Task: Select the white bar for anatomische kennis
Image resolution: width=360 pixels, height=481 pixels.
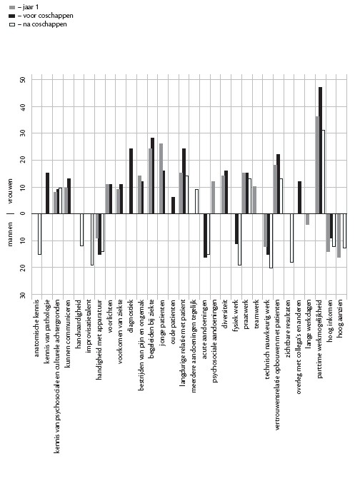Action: click(x=39, y=234)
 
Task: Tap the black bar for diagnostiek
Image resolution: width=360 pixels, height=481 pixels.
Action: click(x=131, y=181)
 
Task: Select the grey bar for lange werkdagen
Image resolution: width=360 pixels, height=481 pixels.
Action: click(x=307, y=219)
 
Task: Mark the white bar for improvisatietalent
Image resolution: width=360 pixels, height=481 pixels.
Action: click(x=92, y=239)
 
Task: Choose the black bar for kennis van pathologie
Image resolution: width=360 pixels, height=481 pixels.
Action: click(x=47, y=193)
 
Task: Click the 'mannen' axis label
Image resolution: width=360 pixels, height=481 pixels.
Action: click(x=10, y=234)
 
